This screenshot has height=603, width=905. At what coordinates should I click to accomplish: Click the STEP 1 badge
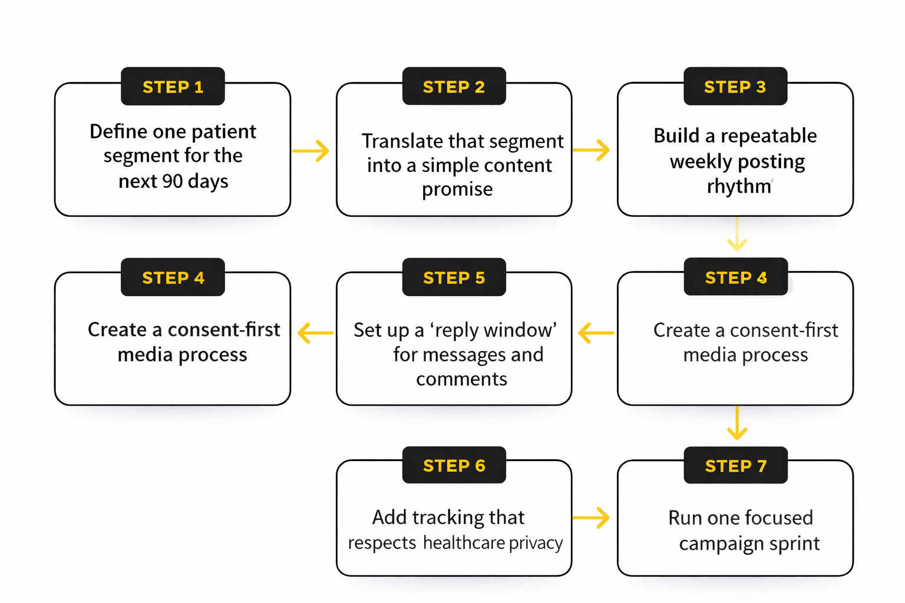(x=173, y=87)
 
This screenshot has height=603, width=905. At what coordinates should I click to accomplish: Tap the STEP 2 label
(x=454, y=87)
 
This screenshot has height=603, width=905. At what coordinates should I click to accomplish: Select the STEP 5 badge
(x=454, y=277)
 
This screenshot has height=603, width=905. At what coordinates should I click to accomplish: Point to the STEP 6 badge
(x=454, y=466)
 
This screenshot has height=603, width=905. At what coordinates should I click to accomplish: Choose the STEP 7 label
(x=735, y=466)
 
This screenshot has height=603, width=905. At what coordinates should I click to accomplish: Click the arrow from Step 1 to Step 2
(x=311, y=151)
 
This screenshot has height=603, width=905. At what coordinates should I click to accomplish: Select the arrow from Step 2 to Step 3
(x=591, y=150)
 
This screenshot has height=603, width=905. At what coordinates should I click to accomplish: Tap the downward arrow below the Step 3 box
(x=736, y=234)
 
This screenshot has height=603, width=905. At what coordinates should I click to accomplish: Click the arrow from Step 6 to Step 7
(x=591, y=518)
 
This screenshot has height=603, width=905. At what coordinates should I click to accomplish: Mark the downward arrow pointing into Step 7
(x=736, y=423)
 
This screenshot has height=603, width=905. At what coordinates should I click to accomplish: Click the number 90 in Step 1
(x=172, y=181)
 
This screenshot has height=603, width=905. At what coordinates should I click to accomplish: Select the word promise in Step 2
(x=457, y=190)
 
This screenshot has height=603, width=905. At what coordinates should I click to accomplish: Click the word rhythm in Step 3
(x=739, y=186)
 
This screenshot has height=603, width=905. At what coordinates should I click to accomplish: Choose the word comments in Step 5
(x=461, y=379)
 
